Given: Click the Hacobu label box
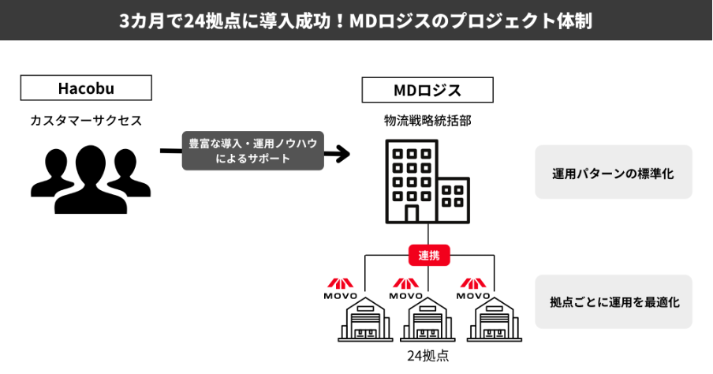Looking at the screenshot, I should click(86, 88).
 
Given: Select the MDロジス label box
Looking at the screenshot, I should click(427, 90).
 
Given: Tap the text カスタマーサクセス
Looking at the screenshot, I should click(86, 122).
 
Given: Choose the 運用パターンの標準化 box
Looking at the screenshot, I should click(613, 172).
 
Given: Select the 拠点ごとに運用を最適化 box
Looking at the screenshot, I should click(613, 301).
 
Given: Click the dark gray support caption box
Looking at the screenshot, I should click(252, 151).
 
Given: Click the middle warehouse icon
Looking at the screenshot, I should click(428, 320).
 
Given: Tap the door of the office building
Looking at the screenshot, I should click(411, 213).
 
